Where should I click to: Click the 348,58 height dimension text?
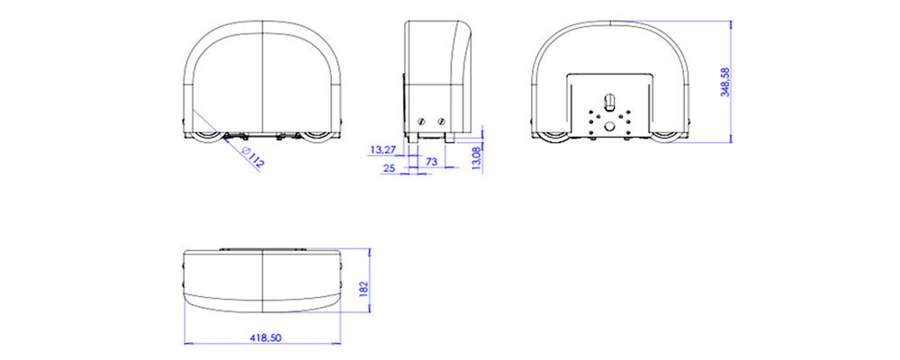click(724, 82)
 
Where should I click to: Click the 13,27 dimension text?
click(382, 149)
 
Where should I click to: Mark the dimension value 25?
click(390, 168)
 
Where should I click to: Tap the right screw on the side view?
click(441, 121)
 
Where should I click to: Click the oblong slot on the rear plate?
click(607, 97)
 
